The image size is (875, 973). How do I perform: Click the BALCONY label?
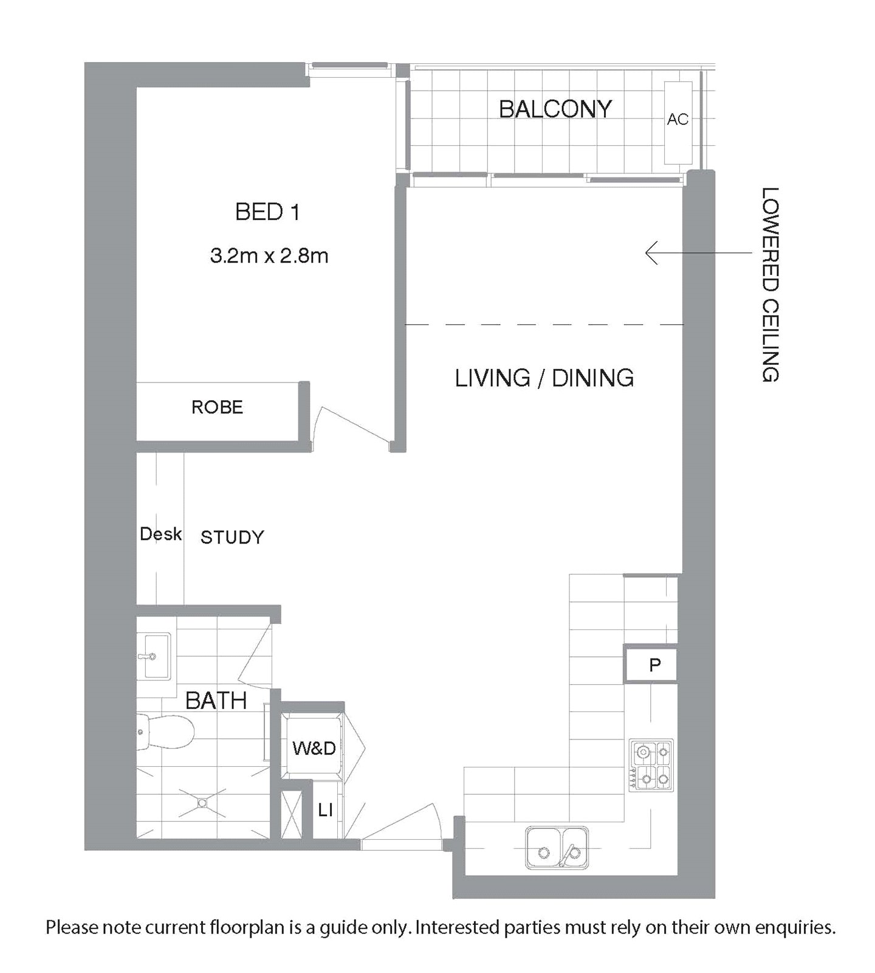point(555,109)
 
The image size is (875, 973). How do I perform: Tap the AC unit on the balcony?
point(678,123)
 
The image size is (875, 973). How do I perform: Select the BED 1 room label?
point(267,212)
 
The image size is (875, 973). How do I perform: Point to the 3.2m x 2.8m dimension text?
point(269,256)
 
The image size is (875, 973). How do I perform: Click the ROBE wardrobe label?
point(217,407)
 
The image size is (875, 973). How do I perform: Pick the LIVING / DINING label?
point(544,378)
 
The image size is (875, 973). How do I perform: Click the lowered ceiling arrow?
point(699,252)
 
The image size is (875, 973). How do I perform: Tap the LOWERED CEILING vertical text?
point(770,284)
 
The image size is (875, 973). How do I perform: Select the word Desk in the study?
point(161,534)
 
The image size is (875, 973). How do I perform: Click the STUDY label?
point(232,537)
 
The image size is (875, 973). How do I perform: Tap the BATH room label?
point(216,701)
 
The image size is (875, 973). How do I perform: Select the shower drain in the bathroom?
point(202,803)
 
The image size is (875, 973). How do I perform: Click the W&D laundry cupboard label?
point(314,748)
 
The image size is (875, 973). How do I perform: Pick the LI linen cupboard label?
point(326,810)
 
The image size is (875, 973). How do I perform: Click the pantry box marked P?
point(651,664)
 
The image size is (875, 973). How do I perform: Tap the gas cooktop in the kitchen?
point(651,765)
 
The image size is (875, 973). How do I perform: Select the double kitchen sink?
point(557,847)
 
